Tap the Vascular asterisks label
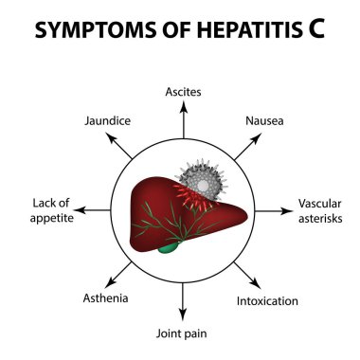click(x=319, y=209)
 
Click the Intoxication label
click(x=266, y=301)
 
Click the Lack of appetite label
click(x=44, y=209)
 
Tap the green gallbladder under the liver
click(x=168, y=247)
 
